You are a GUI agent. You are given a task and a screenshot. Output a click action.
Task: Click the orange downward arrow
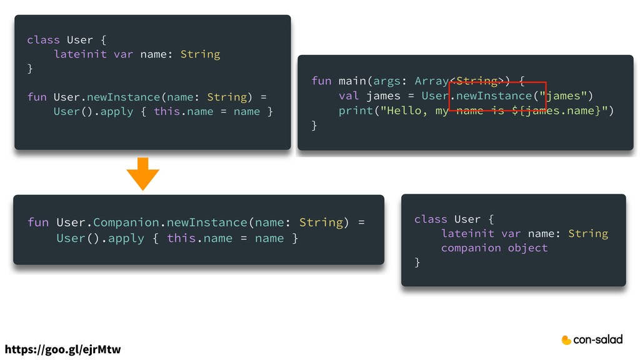tap(143, 173)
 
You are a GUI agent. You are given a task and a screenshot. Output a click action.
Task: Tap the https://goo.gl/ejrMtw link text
tap(63, 349)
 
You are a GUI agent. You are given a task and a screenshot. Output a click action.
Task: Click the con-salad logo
tap(592, 340)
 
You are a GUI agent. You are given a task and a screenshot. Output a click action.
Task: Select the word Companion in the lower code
tap(126, 222)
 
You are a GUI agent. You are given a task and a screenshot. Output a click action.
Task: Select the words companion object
tap(494, 248)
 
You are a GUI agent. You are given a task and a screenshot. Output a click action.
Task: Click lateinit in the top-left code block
tap(80, 54)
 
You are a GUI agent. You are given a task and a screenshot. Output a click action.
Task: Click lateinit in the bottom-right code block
tap(467, 234)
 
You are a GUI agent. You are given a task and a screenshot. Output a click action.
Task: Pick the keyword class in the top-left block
tap(43, 40)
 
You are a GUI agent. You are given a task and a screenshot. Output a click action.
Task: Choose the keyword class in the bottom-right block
tap(431, 219)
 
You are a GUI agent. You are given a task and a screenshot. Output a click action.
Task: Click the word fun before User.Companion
tap(37, 222)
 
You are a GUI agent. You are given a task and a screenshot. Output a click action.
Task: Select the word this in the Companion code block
tap(181, 238)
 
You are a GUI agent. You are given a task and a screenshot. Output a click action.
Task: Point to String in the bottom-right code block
tap(587, 234)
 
